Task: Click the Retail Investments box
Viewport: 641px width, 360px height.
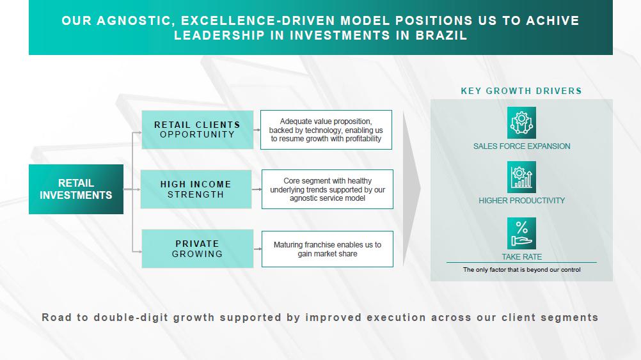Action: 76,189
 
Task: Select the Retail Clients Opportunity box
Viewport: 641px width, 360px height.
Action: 198,130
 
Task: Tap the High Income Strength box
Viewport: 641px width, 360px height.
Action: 196,189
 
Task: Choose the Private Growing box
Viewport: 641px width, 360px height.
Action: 198,249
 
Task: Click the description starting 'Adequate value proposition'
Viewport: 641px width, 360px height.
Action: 326,130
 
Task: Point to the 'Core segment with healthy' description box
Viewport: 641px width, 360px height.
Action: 328,189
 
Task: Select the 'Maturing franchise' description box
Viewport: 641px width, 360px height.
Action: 328,249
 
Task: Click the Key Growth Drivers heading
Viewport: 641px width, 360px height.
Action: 521,91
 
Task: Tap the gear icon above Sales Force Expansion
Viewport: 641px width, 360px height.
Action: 521,123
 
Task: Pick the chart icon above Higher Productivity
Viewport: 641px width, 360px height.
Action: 521,177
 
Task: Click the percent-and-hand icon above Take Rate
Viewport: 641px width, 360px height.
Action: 521,233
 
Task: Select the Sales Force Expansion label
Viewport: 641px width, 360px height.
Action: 521,146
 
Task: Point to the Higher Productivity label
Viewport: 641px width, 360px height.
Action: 521,201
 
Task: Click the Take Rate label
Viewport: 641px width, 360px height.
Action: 521,257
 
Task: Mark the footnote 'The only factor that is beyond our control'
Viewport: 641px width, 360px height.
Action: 521,270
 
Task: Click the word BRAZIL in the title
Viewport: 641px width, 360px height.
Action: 441,36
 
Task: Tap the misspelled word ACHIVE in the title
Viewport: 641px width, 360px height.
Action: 553,20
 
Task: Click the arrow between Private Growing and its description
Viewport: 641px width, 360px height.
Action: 258,249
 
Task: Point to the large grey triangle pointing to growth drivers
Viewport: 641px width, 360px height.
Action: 410,188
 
